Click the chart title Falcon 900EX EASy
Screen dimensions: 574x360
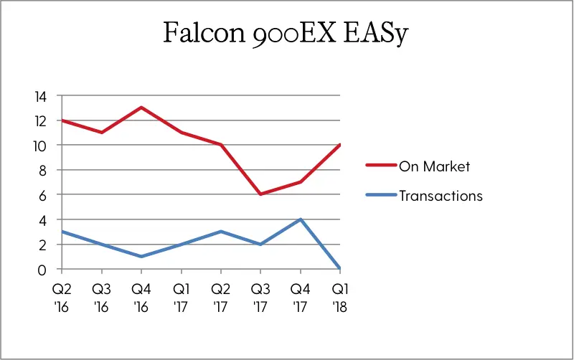tap(286, 33)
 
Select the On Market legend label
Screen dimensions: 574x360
tap(434, 166)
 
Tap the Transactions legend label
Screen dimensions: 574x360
tap(441, 196)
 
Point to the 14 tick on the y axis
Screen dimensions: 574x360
tap(41, 97)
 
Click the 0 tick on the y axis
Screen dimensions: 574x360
tap(42, 270)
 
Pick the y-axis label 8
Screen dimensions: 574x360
tap(42, 171)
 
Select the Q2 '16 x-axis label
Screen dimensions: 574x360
tap(62, 298)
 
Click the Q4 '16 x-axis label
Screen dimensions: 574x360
tap(141, 298)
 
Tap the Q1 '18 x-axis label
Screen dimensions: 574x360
tap(340, 298)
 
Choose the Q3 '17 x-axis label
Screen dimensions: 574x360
tap(260, 298)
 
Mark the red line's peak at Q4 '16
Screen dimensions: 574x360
tap(141, 108)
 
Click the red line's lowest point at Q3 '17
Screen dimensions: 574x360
tap(260, 194)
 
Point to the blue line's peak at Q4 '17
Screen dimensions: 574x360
tap(300, 219)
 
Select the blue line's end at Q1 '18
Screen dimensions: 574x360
tap(340, 268)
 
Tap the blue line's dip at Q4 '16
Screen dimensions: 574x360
tap(141, 257)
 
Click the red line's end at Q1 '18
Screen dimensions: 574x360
tap(340, 145)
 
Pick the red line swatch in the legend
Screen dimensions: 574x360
tap(381, 166)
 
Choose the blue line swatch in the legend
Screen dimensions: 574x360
tap(381, 195)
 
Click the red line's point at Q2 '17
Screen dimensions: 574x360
tap(221, 145)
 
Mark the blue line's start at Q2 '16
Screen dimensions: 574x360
tap(62, 232)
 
